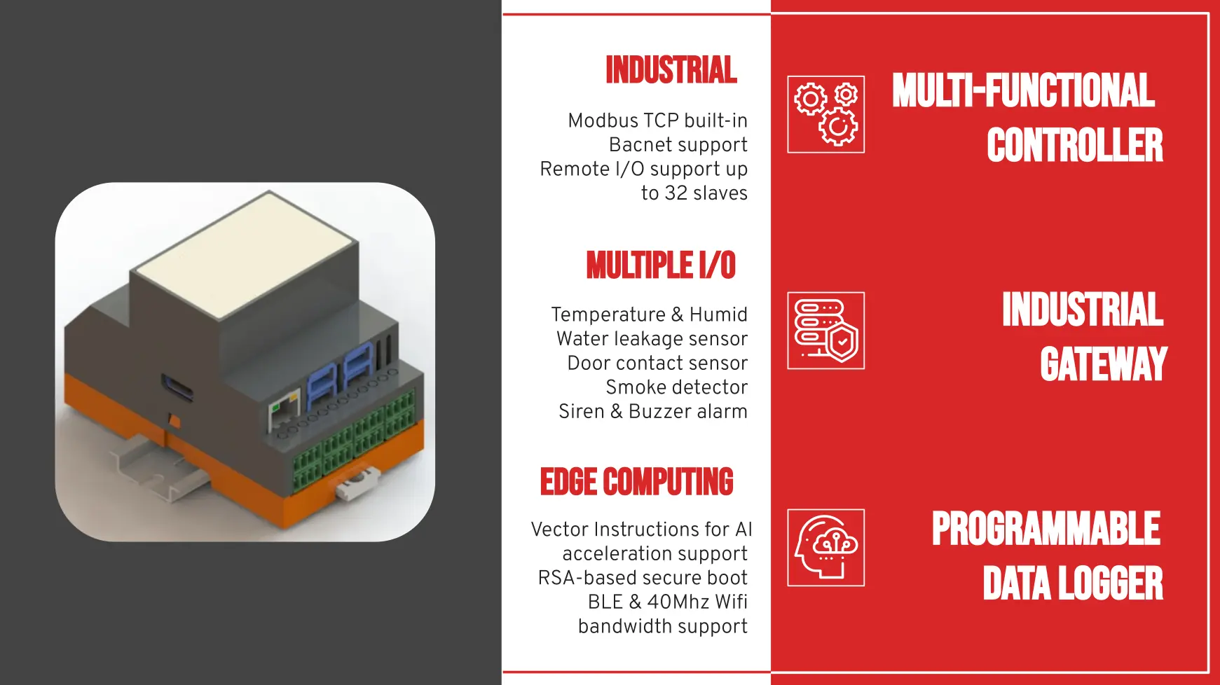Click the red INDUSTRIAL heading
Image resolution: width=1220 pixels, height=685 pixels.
click(x=671, y=70)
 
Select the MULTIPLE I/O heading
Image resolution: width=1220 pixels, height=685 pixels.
click(x=661, y=265)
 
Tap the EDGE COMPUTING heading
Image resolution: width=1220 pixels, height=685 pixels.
click(x=636, y=482)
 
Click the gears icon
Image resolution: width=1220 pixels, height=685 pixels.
click(x=825, y=114)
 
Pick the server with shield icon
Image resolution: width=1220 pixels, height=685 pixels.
click(x=825, y=331)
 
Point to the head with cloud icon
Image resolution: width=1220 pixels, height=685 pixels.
click(x=825, y=548)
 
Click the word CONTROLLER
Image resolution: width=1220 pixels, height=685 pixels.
click(x=1074, y=146)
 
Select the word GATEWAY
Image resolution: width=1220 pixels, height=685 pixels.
click(x=1103, y=364)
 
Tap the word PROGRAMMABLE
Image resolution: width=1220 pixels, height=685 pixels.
click(x=1046, y=529)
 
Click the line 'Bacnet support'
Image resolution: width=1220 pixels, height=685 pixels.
click(x=678, y=145)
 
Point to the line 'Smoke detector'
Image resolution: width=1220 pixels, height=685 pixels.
click(x=676, y=387)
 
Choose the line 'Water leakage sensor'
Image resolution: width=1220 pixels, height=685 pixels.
click(x=652, y=339)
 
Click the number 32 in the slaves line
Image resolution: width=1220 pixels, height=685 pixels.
click(x=676, y=193)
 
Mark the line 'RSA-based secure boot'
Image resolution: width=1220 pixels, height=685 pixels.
click(x=643, y=578)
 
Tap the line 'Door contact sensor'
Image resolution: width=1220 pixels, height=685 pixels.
click(x=657, y=364)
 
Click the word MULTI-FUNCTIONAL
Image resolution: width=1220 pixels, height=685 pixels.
click(x=1023, y=91)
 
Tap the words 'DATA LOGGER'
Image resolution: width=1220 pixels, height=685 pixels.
click(x=1072, y=583)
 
